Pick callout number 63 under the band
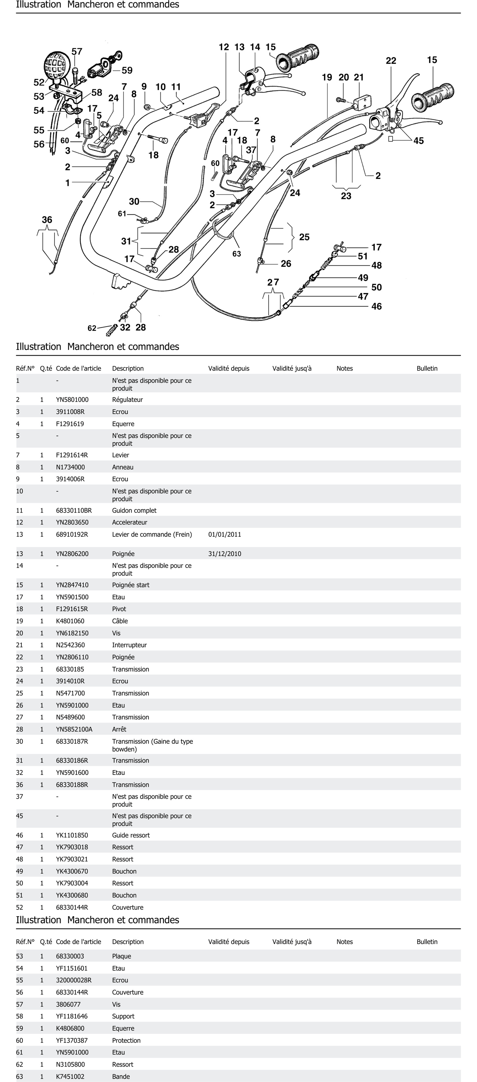[x=237, y=254]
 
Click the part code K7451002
[x=70, y=1077]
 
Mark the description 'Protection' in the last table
[x=126, y=1040]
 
